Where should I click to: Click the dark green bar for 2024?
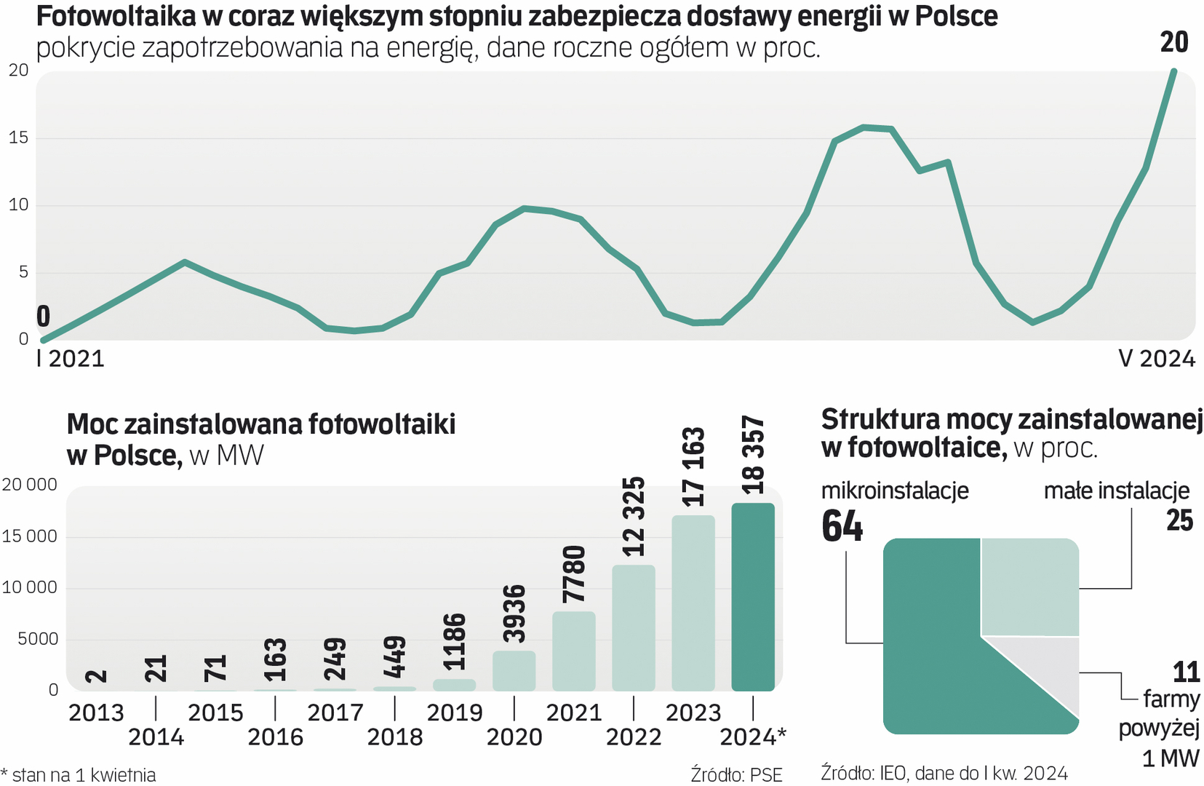[x=753, y=597]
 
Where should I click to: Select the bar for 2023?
[x=693, y=603]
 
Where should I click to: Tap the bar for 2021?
[x=574, y=651]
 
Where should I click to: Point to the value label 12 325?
[x=634, y=517]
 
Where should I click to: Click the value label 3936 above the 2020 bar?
[x=515, y=614]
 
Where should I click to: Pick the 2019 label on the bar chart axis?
[x=455, y=712]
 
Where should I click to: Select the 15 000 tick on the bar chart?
[x=29, y=536]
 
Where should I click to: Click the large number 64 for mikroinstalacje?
[x=842, y=526]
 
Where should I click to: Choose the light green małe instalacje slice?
[x=1029, y=587]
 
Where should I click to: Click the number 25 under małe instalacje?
[x=1179, y=521]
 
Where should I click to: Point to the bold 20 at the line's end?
[x=1174, y=42]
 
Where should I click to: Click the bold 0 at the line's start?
[x=44, y=317]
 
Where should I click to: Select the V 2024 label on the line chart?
[x=1157, y=359]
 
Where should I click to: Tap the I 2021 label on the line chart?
[x=71, y=359]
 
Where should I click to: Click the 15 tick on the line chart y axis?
[x=19, y=138]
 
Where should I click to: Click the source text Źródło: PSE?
[x=736, y=775]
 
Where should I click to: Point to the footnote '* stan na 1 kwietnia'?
[x=79, y=775]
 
